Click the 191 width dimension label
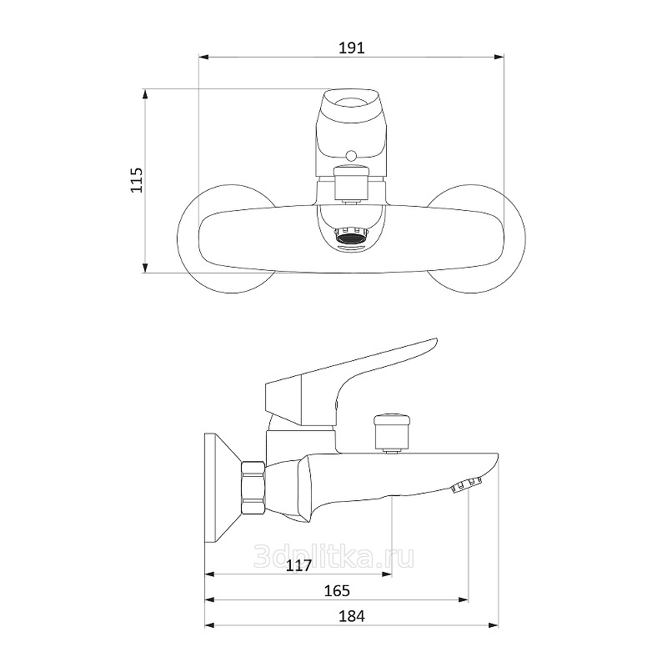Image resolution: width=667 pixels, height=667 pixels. tap(351, 48)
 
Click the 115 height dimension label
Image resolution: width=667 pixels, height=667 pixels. tap(137, 180)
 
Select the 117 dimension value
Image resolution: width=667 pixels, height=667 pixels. tap(298, 565)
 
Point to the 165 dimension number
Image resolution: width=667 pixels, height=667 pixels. tap(337, 590)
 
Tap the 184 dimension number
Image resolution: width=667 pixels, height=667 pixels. tap(352, 615)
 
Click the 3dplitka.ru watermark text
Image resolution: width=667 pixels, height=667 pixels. tap(333, 557)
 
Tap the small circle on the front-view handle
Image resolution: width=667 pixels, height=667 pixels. tap(351, 156)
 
